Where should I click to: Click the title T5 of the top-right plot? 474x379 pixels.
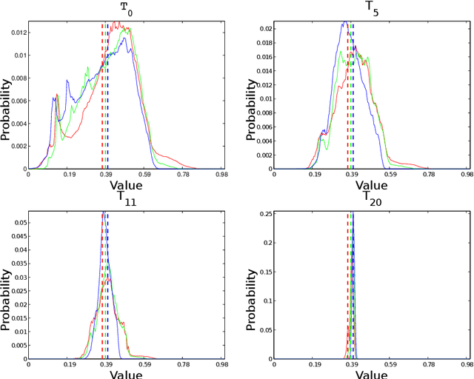[x=370, y=7]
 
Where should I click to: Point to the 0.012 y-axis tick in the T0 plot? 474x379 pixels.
[x=14, y=33]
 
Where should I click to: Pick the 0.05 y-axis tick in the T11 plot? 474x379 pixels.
[x=17, y=223]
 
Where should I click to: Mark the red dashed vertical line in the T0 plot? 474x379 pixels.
[x=102, y=96]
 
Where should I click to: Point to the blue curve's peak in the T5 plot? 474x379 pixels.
[x=344, y=23]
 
